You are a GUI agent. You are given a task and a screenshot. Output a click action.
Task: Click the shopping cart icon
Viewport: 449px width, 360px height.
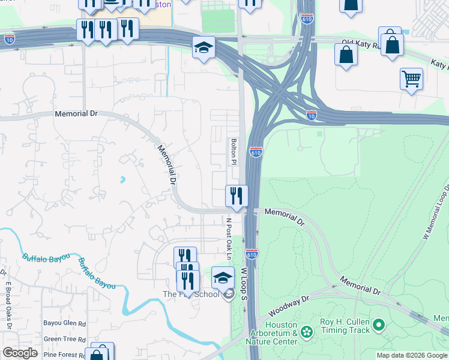(411, 78)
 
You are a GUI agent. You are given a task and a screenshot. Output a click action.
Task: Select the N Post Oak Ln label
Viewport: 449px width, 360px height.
(229, 235)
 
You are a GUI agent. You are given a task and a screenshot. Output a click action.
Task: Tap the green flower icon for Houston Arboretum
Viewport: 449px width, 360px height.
(307, 332)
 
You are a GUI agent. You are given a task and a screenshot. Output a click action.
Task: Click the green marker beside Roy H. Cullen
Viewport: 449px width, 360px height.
(378, 326)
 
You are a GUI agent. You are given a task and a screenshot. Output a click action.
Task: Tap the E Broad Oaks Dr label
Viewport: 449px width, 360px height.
(9, 305)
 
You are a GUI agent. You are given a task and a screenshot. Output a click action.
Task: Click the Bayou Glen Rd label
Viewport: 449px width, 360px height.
(64, 323)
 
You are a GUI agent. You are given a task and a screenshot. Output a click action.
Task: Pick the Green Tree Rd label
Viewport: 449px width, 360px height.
(64, 339)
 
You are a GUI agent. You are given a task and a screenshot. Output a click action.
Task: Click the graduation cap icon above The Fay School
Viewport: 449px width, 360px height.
(223, 277)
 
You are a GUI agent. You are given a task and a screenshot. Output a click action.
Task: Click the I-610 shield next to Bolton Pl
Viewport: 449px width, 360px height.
(256, 152)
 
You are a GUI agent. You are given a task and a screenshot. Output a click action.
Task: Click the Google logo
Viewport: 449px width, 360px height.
(20, 353)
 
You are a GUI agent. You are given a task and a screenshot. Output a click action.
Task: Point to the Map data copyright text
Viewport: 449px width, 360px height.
(412, 355)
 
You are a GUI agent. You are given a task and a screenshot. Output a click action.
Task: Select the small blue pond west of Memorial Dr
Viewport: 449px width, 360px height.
(122, 179)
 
